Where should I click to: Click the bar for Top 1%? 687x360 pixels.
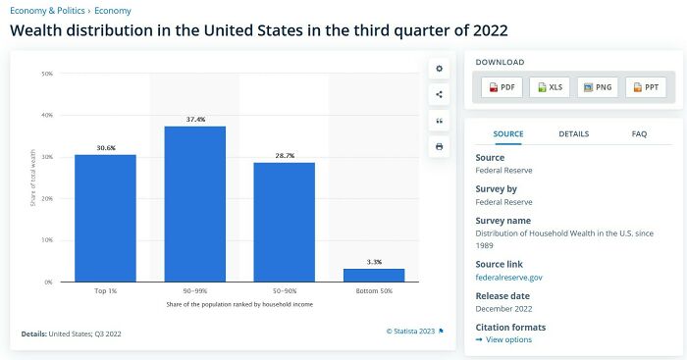(105, 218)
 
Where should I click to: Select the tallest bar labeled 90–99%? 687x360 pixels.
(194, 203)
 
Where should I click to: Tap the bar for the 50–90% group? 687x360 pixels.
(284, 222)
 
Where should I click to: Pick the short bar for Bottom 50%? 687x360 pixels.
(373, 275)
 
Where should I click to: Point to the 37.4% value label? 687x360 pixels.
(194, 120)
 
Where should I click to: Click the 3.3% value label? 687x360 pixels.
(374, 262)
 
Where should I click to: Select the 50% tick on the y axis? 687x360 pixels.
(47, 74)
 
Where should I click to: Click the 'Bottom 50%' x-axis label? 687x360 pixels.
(374, 291)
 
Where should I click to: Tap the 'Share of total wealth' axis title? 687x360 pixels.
(33, 179)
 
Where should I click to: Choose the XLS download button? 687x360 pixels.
(550, 87)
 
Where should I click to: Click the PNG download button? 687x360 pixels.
(598, 87)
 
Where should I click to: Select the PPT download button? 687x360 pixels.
(646, 87)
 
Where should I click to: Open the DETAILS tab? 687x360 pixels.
(573, 133)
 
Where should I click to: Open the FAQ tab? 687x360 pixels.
(639, 133)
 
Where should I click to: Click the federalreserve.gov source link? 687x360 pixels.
(508, 278)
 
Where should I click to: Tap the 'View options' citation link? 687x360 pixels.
(508, 339)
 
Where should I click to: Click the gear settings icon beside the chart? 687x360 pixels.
(439, 69)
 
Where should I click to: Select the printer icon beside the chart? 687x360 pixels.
(439, 146)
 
